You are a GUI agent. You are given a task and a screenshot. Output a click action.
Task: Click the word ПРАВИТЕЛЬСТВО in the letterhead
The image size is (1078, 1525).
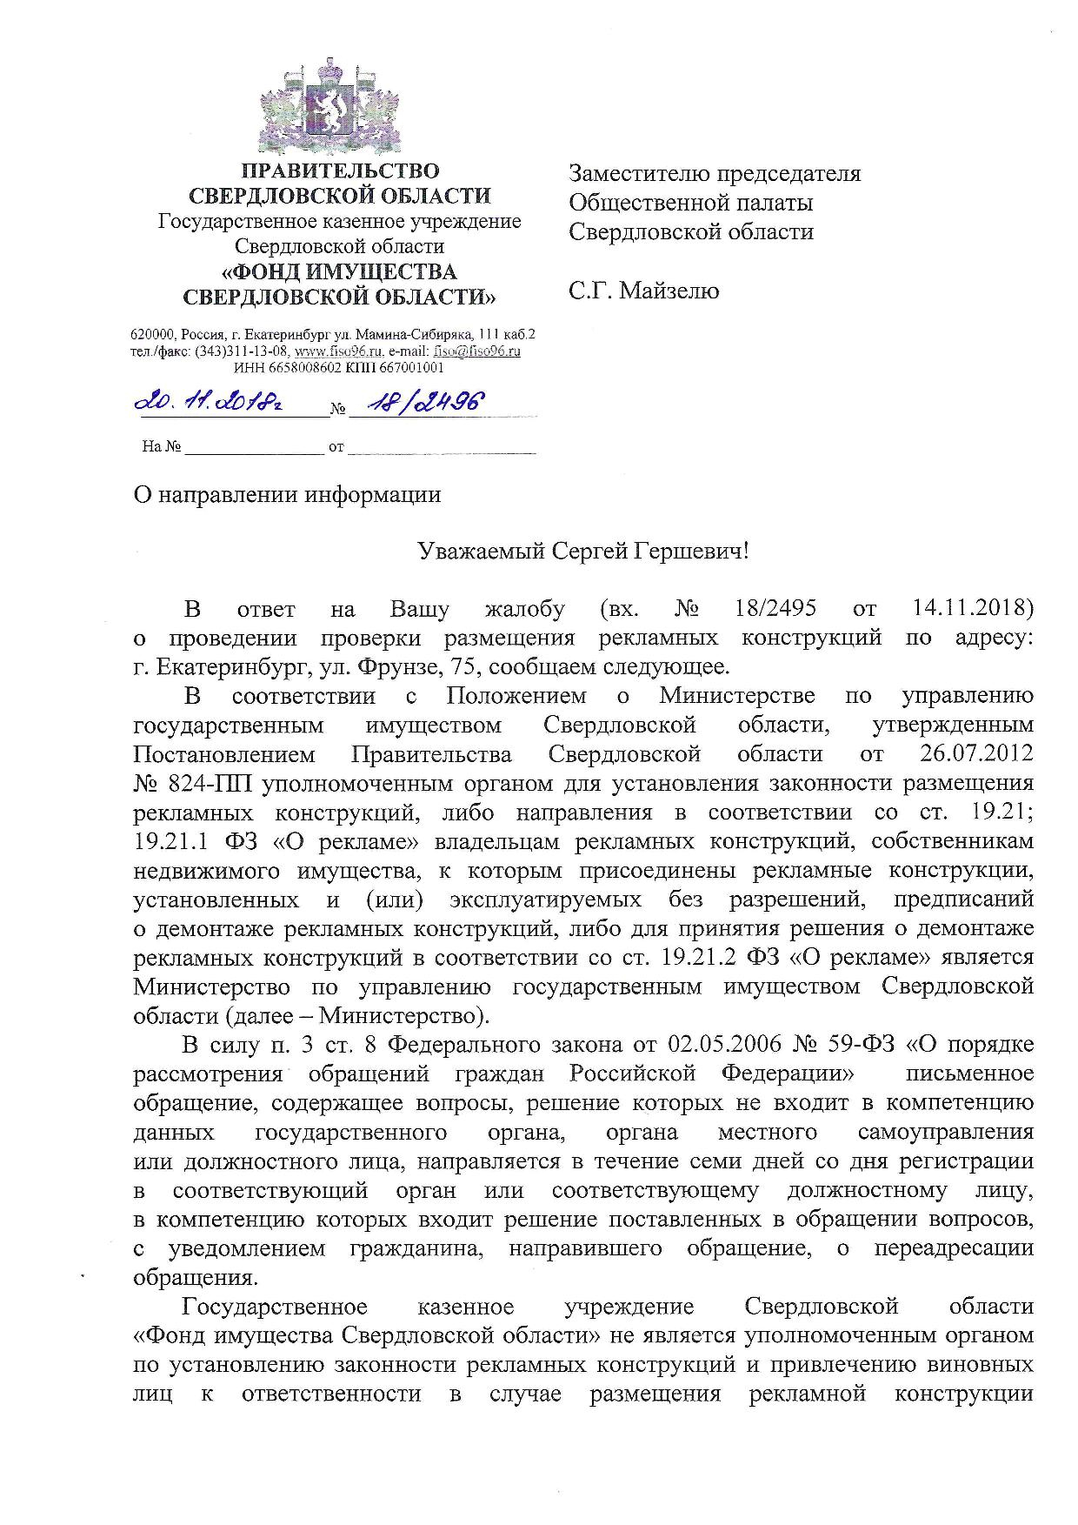pyautogui.click(x=340, y=171)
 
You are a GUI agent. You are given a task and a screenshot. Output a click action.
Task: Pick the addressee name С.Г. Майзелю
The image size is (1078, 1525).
pyautogui.click(x=643, y=291)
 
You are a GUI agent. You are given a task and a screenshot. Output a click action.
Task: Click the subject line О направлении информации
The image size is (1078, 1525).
pyautogui.click(x=287, y=494)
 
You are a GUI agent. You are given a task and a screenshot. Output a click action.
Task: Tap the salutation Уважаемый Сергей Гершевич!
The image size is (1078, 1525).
pyautogui.click(x=582, y=552)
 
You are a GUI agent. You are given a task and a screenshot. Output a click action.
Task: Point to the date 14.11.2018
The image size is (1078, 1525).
pyautogui.click(x=973, y=608)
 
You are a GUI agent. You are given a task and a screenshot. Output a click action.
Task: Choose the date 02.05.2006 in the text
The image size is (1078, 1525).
pyautogui.click(x=729, y=1044)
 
